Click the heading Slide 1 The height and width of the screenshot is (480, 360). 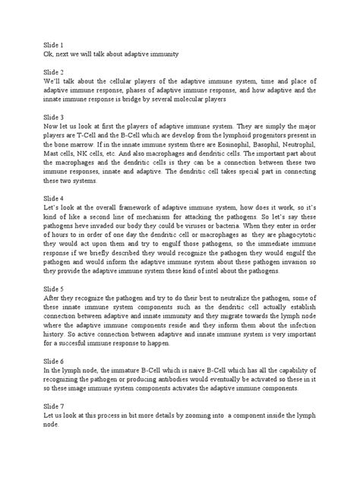point(56,46)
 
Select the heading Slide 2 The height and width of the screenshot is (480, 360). point(56,71)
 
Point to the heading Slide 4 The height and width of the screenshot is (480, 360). point(56,197)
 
